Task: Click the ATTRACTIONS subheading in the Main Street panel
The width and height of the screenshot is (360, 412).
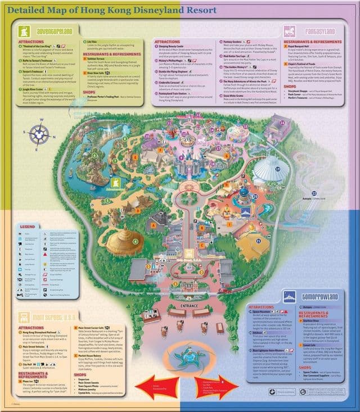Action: (x=31, y=328)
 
